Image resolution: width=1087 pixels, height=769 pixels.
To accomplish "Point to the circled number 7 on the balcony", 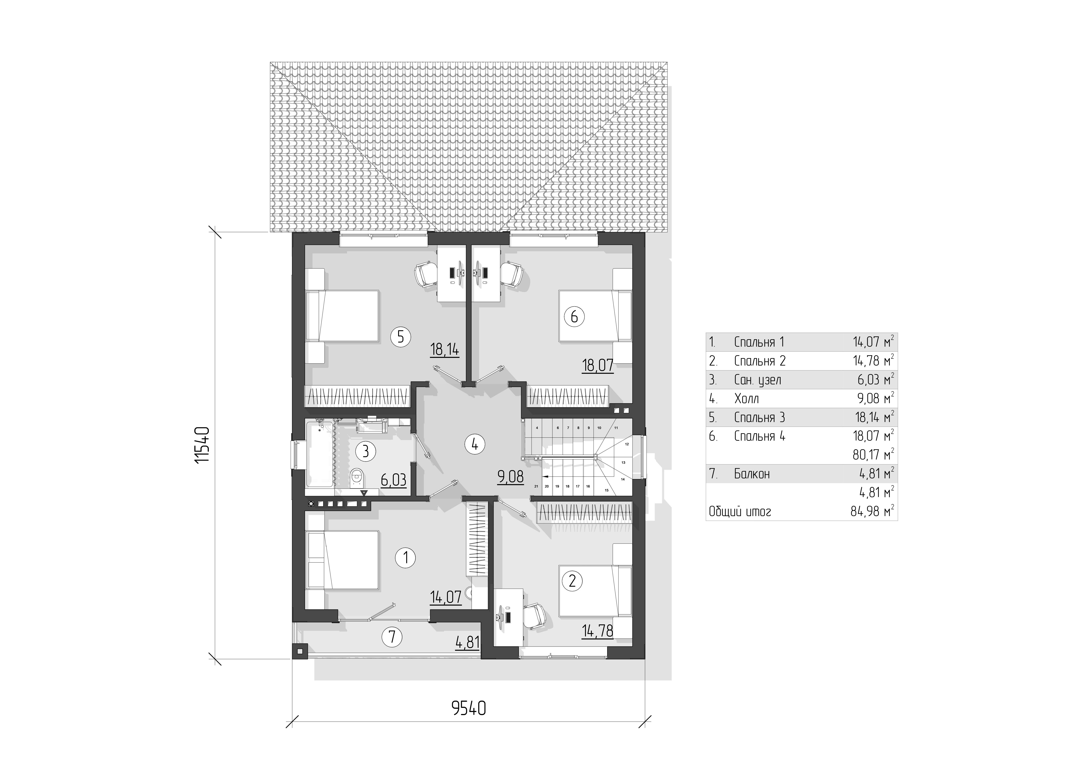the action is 392,637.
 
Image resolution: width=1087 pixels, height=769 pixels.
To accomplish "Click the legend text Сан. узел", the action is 757,380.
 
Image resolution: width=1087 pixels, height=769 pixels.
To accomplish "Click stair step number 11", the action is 616,428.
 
